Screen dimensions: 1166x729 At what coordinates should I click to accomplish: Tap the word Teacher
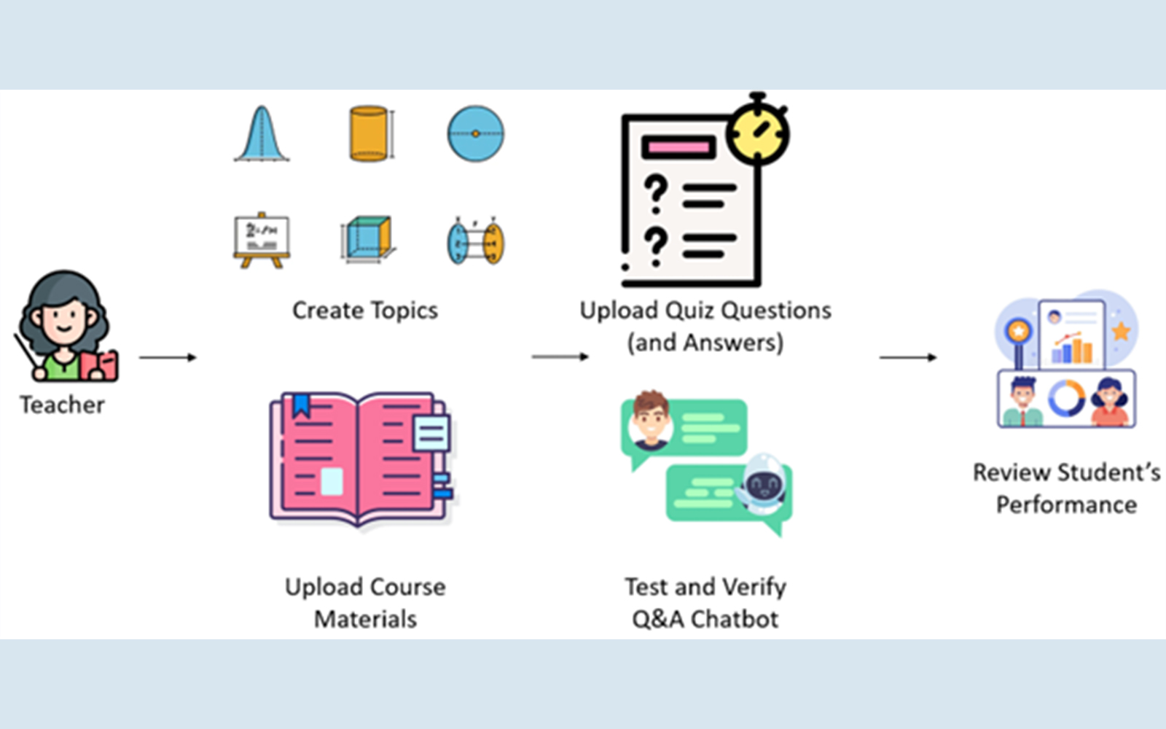[63, 405]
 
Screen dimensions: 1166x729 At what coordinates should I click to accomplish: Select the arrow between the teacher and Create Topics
[168, 357]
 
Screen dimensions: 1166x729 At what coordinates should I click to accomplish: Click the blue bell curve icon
[262, 134]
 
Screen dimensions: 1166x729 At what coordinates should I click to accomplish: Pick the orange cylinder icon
[370, 134]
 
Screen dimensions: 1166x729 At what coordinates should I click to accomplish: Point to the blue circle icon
[475, 134]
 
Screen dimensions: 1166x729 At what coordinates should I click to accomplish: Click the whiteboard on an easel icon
[262, 241]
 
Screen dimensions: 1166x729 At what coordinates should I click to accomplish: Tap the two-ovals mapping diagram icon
[475, 241]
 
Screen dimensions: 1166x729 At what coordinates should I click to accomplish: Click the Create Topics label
[365, 311]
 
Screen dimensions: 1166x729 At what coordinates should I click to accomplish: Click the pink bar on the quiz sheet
[678, 147]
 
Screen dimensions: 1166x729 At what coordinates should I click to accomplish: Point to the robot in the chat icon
[762, 484]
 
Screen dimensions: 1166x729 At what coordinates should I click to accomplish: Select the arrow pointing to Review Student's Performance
[908, 357]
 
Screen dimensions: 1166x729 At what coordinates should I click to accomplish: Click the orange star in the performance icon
[1121, 331]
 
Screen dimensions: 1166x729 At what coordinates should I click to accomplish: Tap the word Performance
[1067, 504]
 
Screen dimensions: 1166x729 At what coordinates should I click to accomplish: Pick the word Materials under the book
[365, 619]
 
